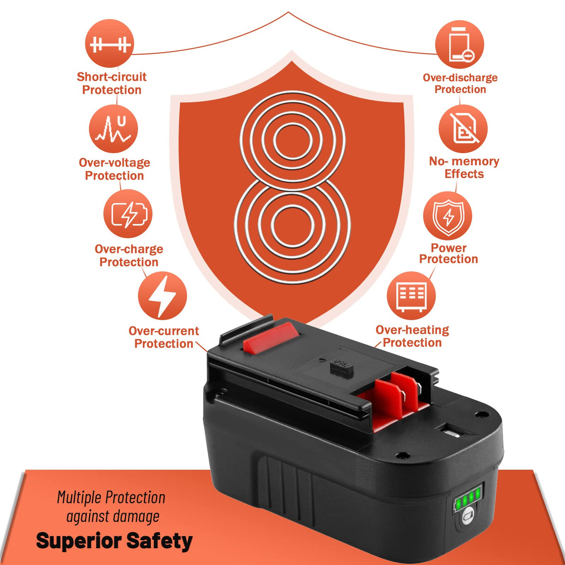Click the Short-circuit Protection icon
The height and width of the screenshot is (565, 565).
(x=109, y=44)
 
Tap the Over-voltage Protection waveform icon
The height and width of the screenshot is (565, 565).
(x=114, y=129)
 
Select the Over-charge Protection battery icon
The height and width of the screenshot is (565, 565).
(x=128, y=214)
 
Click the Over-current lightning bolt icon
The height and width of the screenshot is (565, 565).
(x=162, y=296)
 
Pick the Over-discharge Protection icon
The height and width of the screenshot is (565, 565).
(x=459, y=45)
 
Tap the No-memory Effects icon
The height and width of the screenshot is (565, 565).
(x=463, y=129)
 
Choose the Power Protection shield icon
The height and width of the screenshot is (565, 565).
(x=447, y=216)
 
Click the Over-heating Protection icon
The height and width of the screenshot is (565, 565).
(x=411, y=296)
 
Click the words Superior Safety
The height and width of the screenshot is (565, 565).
(x=114, y=541)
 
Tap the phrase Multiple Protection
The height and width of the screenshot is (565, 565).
(x=111, y=498)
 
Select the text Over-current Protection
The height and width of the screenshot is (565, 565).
(x=163, y=337)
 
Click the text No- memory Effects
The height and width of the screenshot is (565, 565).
(x=464, y=168)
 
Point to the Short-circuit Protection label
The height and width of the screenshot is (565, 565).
(x=112, y=83)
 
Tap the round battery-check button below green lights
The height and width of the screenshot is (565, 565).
(x=467, y=518)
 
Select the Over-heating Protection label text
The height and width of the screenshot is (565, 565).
(x=412, y=336)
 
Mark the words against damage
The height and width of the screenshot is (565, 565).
(x=113, y=517)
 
